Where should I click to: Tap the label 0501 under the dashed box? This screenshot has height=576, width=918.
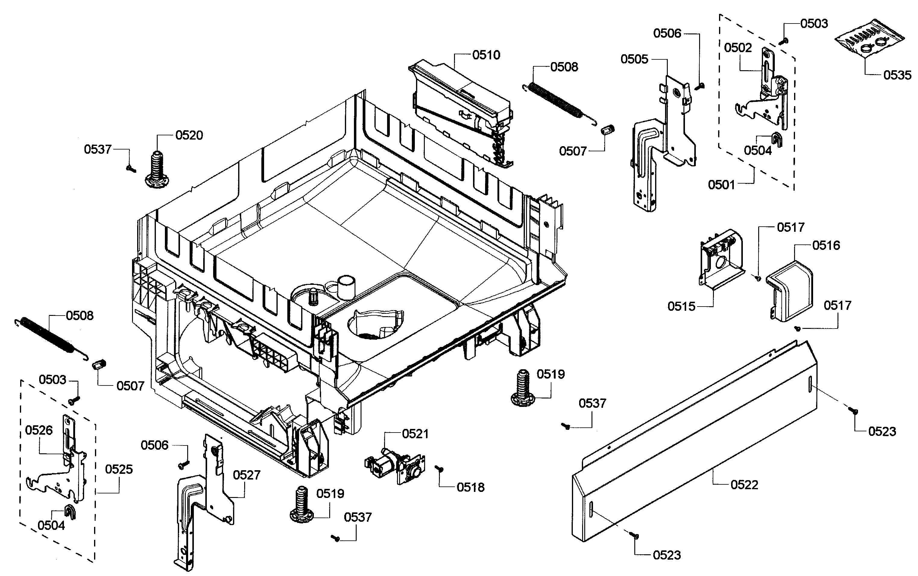(721, 185)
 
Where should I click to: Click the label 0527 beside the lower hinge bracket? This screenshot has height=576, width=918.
(246, 475)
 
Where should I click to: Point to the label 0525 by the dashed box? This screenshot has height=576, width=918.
(119, 469)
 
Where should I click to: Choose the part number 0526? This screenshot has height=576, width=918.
(39, 430)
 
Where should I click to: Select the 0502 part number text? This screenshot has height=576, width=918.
(738, 48)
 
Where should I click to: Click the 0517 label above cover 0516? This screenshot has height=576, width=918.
(790, 228)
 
